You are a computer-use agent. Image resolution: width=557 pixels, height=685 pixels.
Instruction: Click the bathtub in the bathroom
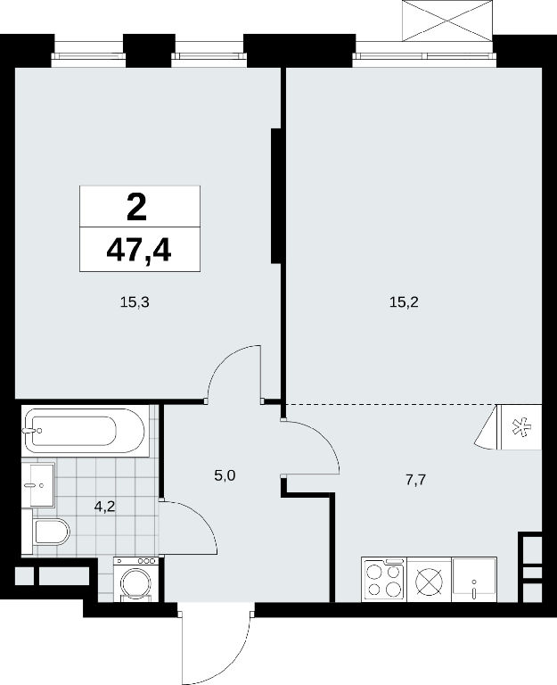85,430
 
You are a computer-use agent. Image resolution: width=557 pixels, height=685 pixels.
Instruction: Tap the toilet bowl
52,532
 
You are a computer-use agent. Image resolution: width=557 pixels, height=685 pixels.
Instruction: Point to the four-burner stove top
384,580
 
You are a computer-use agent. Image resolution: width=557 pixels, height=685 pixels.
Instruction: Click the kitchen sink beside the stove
474,580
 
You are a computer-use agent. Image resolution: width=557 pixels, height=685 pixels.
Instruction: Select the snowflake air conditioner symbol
520,427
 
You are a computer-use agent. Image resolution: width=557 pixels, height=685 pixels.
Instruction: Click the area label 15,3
135,301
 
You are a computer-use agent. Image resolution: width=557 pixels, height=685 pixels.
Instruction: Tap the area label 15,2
404,301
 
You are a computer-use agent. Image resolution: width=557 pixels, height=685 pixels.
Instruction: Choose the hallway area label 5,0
225,475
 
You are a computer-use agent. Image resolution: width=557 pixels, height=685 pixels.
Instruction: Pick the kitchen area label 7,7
415,480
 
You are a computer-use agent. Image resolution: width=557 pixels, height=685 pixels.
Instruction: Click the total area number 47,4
139,251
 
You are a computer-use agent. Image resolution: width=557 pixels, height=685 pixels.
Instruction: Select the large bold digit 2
136,208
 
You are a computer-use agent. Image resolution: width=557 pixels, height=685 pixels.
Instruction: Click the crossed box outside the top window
447,21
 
